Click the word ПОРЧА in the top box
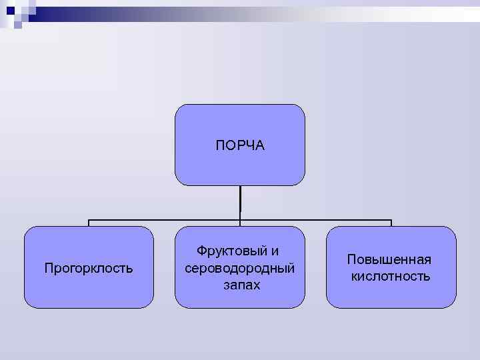240,145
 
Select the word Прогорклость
89,269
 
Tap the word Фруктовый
229,251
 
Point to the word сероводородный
240,268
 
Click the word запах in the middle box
241,285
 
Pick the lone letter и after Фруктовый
275,251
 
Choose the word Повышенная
390,260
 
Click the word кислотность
391,276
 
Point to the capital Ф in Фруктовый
201,251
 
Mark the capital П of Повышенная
351,260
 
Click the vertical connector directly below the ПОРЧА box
240,200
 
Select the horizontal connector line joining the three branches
167,221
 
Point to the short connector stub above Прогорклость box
89,224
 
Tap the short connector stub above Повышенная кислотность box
391,224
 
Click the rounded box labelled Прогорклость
89,293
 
